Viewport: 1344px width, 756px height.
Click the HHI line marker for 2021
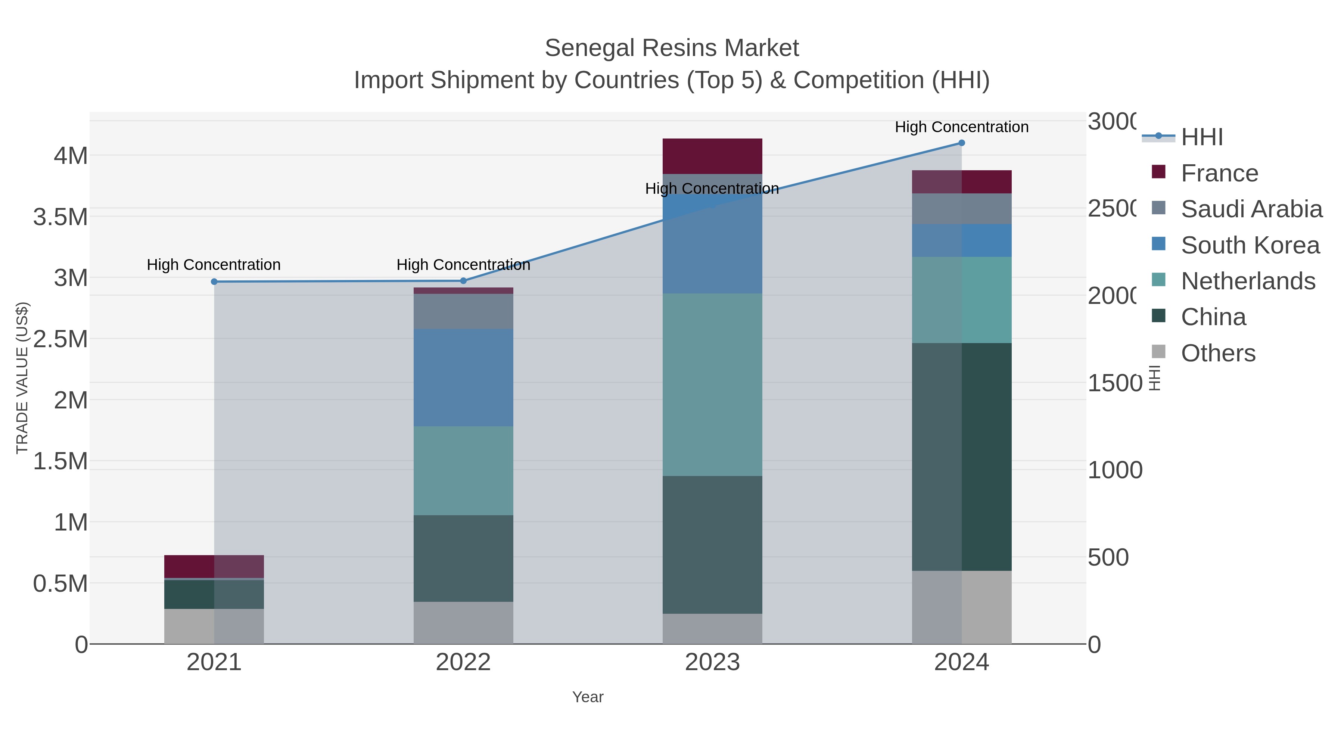(214, 282)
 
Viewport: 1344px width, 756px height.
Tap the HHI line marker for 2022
(463, 281)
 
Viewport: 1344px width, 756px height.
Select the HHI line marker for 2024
(962, 143)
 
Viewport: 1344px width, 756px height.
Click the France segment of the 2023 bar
(712, 156)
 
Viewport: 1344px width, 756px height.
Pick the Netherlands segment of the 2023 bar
(712, 385)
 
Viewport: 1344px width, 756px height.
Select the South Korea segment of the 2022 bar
(463, 378)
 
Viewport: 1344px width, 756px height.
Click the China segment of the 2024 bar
(962, 457)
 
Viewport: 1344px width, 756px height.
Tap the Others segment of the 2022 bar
(463, 622)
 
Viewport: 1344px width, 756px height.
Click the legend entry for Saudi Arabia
(1251, 209)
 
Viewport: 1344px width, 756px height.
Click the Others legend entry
(1218, 353)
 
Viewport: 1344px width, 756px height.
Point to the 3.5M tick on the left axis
(60, 217)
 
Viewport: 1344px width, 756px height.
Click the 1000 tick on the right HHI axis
(1115, 470)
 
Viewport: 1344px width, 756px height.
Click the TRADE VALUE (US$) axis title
(22, 378)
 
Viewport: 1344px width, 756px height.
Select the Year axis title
(588, 697)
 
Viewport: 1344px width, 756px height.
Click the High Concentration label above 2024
(962, 127)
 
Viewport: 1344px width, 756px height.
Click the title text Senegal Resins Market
(672, 48)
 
